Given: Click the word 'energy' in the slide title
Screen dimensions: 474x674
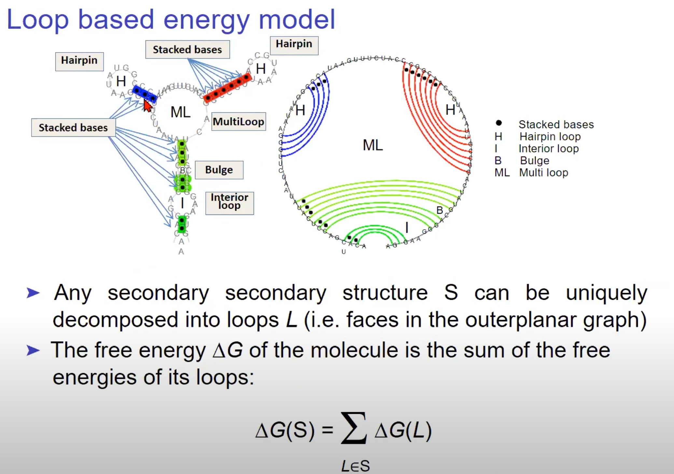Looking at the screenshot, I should coord(206,20).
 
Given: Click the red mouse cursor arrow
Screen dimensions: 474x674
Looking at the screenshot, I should coord(148,106).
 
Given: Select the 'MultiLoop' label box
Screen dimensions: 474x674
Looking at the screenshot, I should coord(238,122).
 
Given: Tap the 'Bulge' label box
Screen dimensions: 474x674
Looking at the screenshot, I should coord(219,170).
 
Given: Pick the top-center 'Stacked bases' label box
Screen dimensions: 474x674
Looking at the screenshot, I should coord(187,49).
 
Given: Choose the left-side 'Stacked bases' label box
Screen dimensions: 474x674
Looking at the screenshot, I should coord(73,128).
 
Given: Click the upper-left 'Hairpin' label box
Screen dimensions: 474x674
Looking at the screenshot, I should coord(79,61).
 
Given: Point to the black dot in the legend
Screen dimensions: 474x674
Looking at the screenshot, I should coord(498,123).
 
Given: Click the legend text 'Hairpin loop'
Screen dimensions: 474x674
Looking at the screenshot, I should coord(550,136).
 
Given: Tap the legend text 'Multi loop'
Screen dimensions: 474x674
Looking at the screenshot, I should coord(543,173).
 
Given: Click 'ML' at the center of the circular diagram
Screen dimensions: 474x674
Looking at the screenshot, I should coord(372,145).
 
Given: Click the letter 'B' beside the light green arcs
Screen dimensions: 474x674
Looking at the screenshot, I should coord(440,210).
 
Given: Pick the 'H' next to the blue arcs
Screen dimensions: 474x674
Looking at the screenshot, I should coord(300,110).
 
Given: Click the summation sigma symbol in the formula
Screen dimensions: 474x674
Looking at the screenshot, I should coord(354,428).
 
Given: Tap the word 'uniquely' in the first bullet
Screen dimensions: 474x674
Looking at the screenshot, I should coord(606,293).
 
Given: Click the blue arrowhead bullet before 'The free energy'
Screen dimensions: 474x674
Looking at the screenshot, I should coord(33,351).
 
